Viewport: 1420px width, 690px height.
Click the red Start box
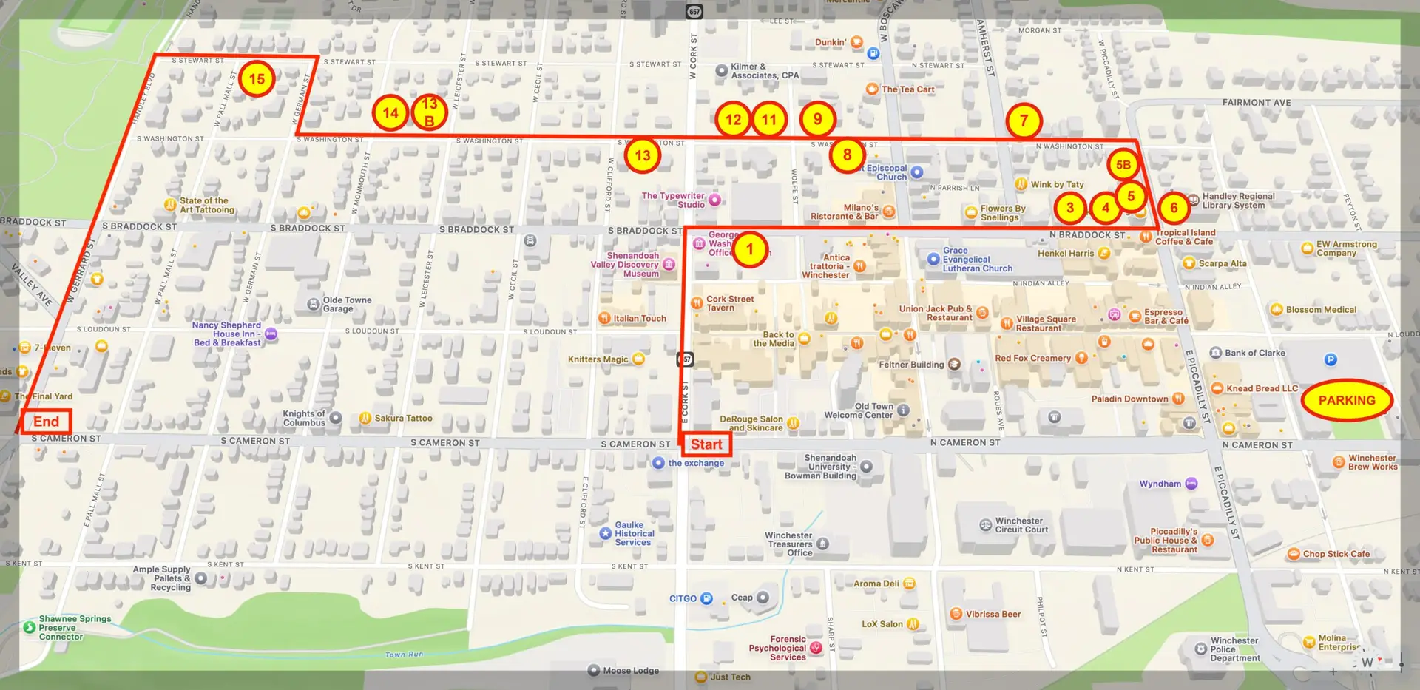[706, 444]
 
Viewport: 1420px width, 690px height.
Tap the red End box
[46, 422]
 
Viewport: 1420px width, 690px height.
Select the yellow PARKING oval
[1346, 400]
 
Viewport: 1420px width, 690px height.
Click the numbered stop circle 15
[257, 79]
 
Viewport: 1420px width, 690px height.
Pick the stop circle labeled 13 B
[429, 112]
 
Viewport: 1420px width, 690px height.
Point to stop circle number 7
[1024, 121]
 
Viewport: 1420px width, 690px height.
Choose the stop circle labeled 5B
[1123, 165]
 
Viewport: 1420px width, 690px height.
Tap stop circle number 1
[749, 249]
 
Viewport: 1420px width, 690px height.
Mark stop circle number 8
[847, 155]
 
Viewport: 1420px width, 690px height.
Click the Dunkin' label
[831, 42]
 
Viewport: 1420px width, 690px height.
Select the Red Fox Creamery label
[1032, 358]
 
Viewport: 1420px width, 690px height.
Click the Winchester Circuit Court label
[1021, 525]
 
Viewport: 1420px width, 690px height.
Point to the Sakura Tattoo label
[403, 418]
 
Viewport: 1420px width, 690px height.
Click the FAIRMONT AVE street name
[1256, 103]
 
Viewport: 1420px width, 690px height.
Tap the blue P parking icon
[1331, 359]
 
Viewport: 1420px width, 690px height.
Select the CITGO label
[683, 598]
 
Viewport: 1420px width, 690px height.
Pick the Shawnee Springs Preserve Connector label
[75, 628]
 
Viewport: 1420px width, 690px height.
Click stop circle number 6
[1174, 208]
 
